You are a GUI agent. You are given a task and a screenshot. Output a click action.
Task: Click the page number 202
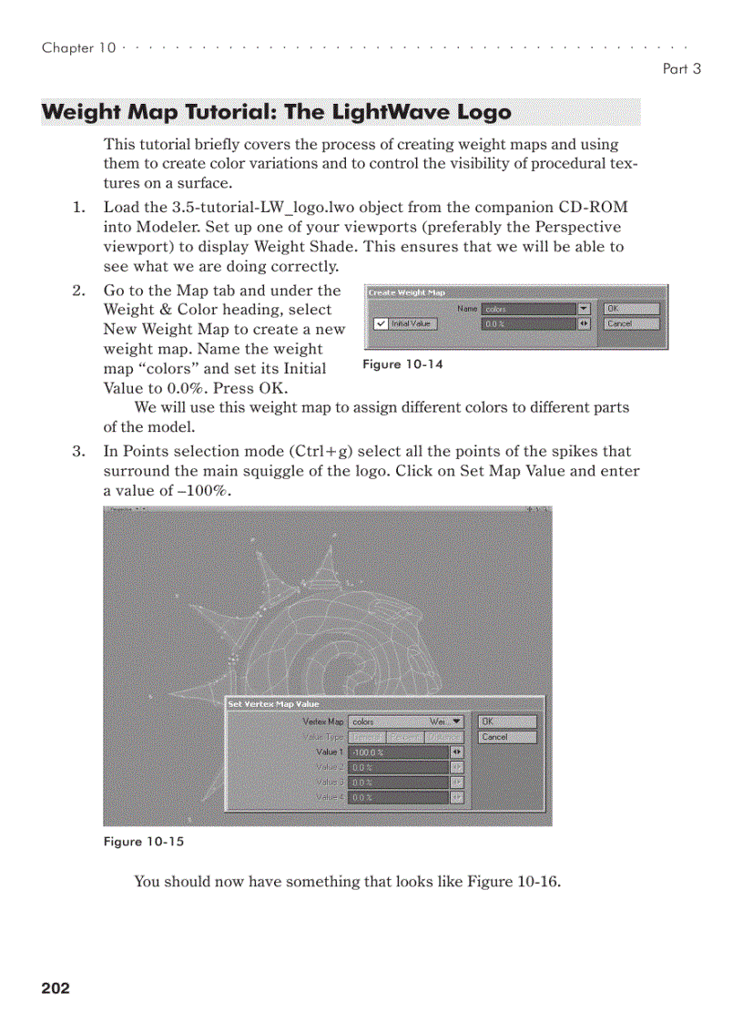(x=56, y=988)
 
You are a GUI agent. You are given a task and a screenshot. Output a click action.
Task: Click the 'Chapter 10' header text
(x=78, y=48)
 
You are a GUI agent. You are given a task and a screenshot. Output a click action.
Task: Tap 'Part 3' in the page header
(x=682, y=68)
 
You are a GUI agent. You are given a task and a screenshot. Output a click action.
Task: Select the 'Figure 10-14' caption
(x=402, y=364)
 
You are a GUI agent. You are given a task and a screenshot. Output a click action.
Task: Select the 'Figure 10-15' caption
(x=144, y=842)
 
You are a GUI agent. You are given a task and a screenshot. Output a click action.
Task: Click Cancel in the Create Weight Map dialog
(x=630, y=323)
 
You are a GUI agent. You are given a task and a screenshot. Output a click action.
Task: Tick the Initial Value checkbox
(x=381, y=323)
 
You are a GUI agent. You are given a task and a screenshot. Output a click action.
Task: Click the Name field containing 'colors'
(x=528, y=309)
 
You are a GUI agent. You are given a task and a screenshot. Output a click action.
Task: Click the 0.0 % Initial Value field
(x=528, y=323)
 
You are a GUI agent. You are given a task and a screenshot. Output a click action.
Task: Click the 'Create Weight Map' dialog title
(x=406, y=292)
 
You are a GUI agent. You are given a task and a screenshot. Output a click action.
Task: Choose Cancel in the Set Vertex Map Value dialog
(x=507, y=737)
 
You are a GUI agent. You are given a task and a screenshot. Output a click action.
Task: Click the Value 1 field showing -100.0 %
(x=398, y=752)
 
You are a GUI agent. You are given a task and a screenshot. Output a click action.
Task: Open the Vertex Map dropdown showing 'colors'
(x=406, y=721)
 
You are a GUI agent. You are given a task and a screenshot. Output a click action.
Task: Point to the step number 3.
(x=77, y=451)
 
